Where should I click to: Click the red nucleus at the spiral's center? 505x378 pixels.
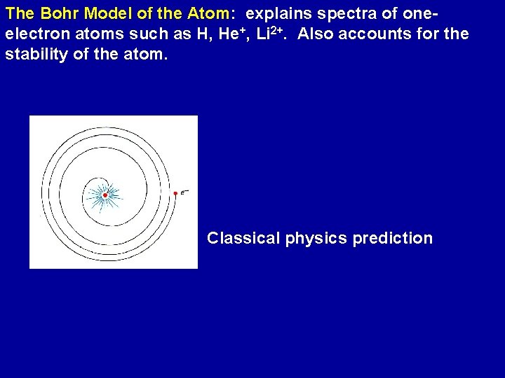(105, 195)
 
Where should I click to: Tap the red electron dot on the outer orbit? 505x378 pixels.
(175, 193)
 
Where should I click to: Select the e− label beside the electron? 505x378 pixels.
(184, 193)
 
